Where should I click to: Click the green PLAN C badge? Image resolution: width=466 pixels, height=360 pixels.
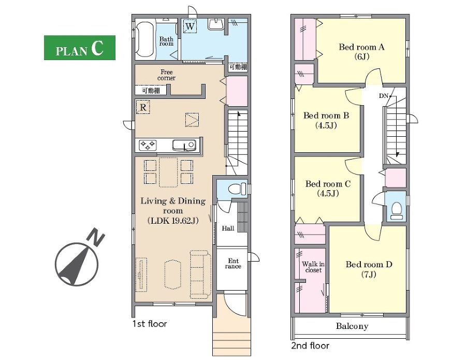click(80, 48)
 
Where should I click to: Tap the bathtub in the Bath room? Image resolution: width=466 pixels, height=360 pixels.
click(145, 39)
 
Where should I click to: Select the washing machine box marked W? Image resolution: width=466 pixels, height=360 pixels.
click(190, 26)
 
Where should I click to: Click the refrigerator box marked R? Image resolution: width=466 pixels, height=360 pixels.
click(143, 107)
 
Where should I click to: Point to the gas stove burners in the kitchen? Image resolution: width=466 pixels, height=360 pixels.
click(148, 146)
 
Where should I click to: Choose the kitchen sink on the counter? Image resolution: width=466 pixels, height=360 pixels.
click(184, 146)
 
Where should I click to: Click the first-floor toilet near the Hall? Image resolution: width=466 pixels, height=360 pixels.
click(237, 189)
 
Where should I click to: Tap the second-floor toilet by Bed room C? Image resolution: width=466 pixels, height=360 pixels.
click(397, 211)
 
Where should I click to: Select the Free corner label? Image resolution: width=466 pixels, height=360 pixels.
click(166, 75)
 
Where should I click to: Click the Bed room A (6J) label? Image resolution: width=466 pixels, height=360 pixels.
click(362, 52)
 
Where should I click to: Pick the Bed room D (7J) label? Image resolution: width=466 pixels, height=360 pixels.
click(369, 269)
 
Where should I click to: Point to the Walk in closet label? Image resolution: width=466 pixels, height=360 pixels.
click(313, 267)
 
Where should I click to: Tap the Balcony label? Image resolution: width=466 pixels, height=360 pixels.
click(352, 326)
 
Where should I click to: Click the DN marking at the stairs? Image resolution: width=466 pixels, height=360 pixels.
click(383, 96)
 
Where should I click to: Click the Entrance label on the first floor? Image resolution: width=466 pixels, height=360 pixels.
click(233, 264)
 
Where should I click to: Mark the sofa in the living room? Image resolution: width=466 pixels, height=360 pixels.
click(200, 274)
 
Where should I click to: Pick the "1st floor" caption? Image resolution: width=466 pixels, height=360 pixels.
click(150, 324)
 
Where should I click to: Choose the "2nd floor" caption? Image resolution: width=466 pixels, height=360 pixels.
click(310, 345)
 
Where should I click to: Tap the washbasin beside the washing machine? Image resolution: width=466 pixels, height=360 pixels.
click(216, 24)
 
